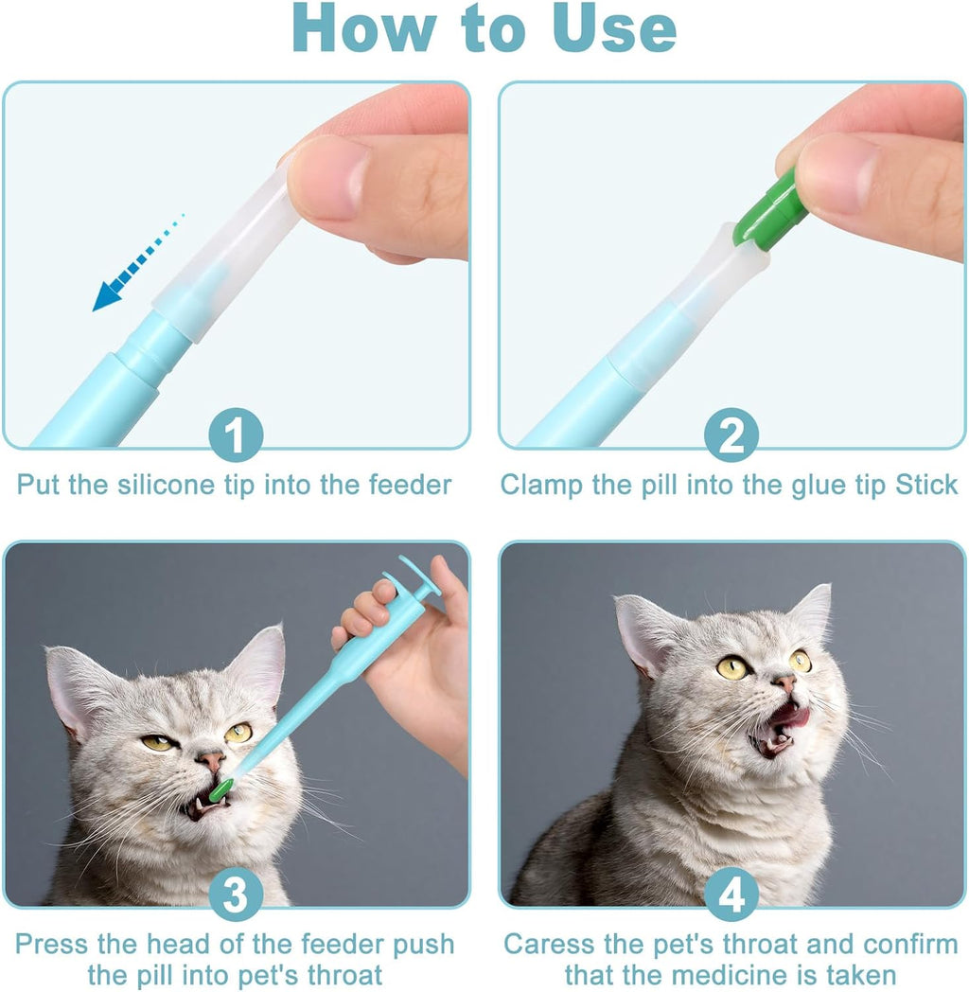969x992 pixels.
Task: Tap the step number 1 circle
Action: point(236,436)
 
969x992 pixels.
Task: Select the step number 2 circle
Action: point(731,436)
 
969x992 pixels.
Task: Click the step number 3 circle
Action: point(236,895)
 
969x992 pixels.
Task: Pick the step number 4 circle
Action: point(731,895)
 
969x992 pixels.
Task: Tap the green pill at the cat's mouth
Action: point(221,788)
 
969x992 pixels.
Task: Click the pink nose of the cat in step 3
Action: point(210,759)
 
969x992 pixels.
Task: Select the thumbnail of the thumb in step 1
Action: point(326,177)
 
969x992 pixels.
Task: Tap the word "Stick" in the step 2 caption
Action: point(927,486)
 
